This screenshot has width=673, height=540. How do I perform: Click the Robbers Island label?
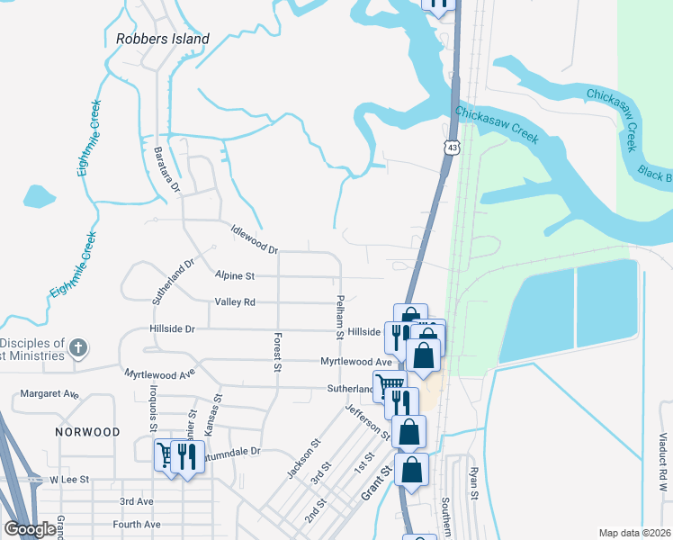pos(163,39)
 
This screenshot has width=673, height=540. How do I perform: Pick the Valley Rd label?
pos(235,302)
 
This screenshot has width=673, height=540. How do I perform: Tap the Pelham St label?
pos(340,317)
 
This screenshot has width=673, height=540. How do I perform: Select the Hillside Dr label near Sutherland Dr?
pos(171,329)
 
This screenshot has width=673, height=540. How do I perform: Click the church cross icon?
pos(78,347)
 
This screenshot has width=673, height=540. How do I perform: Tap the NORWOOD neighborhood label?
pos(87,432)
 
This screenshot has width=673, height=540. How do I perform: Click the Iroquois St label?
pos(154,417)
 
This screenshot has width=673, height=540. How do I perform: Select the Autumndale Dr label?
pos(230,451)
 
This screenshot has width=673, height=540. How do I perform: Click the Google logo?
pos(29,529)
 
